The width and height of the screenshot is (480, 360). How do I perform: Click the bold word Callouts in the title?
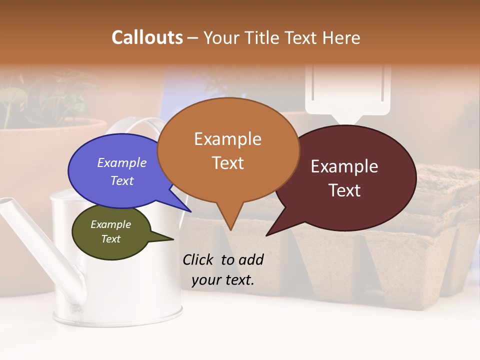click(147, 37)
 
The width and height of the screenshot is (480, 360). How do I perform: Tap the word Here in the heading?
click(341, 37)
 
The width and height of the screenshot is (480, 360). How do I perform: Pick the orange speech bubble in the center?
click(228, 150)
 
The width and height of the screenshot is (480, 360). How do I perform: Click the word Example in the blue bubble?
click(121, 162)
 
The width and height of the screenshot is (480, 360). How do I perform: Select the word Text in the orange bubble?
click(228, 163)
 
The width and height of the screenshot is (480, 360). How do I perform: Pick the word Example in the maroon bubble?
click(344, 166)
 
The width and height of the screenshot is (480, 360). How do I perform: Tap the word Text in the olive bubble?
click(111, 239)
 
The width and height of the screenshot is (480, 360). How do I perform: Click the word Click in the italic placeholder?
click(199, 259)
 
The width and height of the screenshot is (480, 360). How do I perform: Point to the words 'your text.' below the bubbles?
click(223, 280)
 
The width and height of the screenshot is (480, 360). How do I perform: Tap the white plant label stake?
click(348, 95)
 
